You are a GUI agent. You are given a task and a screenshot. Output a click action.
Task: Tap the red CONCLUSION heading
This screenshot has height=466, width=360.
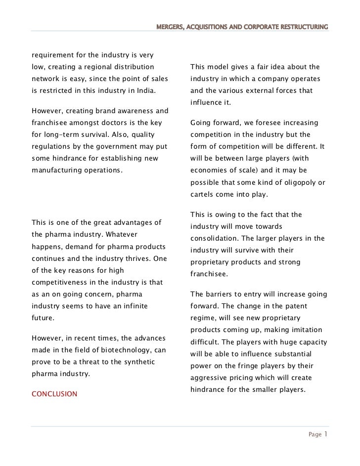tap(54, 394)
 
